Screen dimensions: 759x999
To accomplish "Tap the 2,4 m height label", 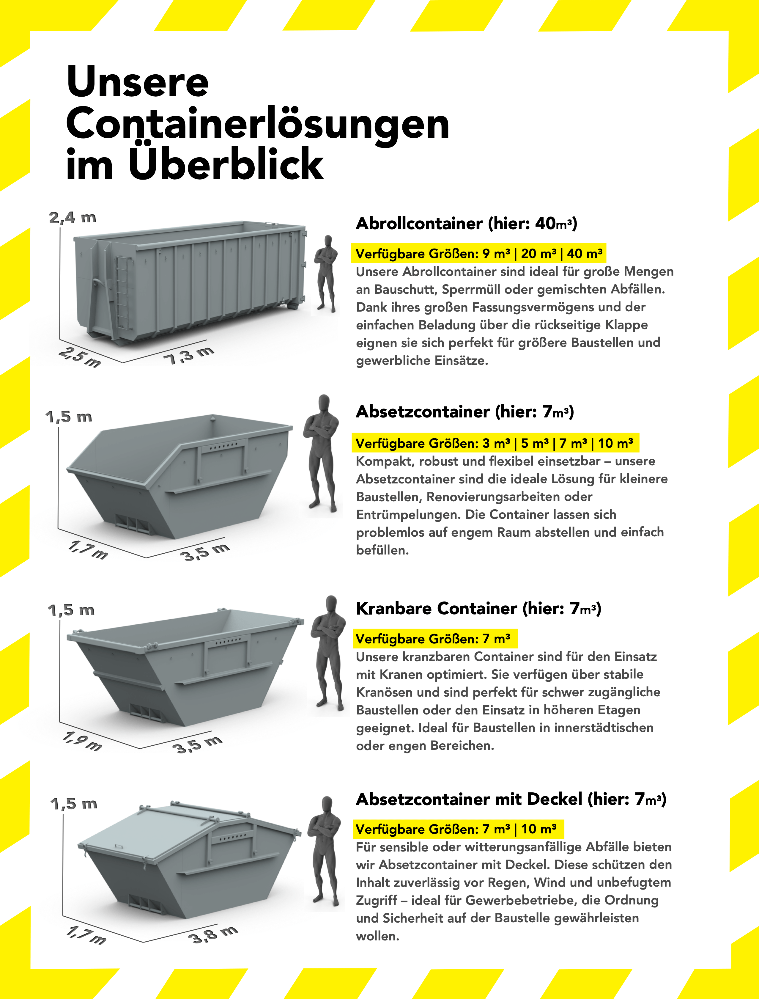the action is click(x=73, y=217).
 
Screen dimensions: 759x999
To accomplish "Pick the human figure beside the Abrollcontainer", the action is click(x=326, y=274).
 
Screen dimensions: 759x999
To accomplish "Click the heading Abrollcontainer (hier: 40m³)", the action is click(x=466, y=223).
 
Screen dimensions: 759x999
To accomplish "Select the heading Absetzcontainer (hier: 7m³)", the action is click(x=465, y=412).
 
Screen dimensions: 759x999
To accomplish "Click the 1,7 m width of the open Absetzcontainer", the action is click(x=88, y=550).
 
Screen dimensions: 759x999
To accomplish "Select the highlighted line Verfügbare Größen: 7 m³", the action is click(x=434, y=639).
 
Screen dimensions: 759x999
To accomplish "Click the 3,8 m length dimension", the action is click(x=212, y=934).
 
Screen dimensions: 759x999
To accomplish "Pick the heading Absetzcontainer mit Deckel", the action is click(x=511, y=799).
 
